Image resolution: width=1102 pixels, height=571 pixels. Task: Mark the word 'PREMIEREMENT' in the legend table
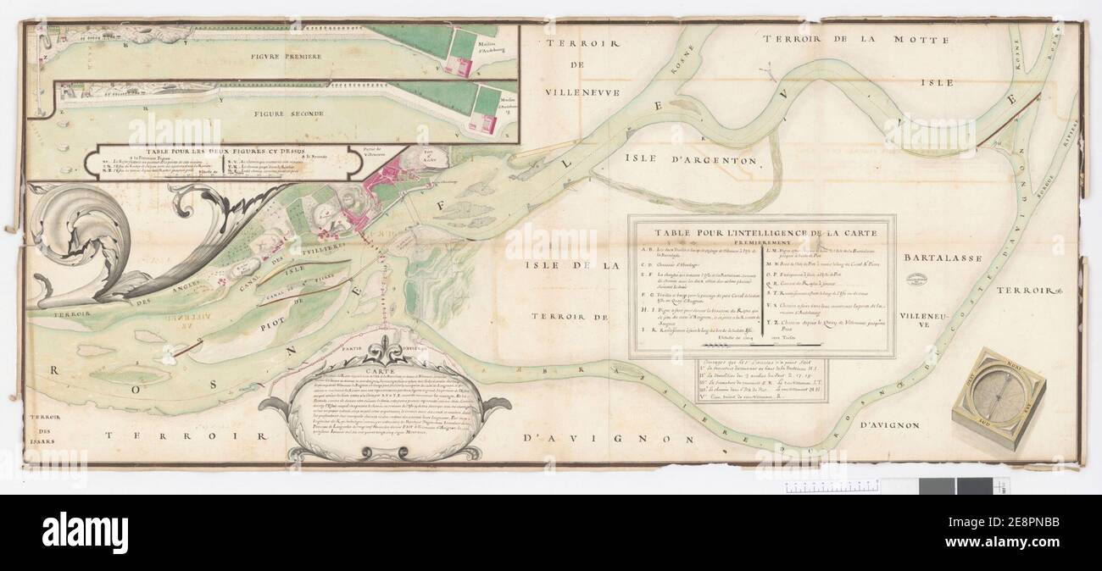click(761, 241)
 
